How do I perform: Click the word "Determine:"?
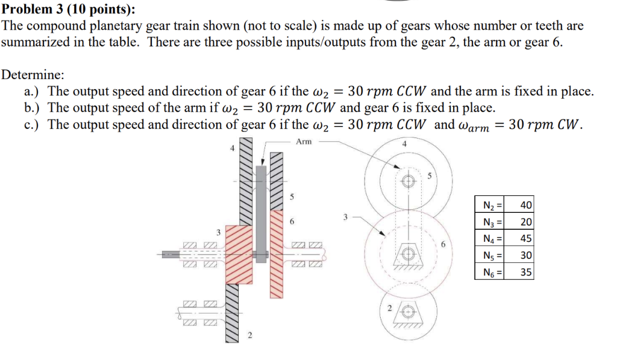pos(34,75)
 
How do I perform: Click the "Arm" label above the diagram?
pos(304,142)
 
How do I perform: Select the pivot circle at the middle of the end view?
pos(409,255)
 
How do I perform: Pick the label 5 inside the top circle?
pos(430,177)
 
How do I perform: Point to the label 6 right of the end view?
pos(443,245)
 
